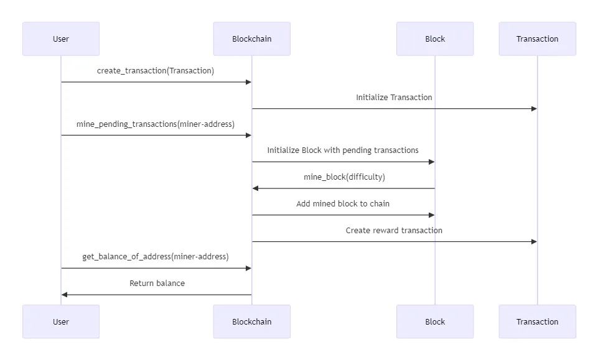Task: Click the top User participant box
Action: click(61, 39)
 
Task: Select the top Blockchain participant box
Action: click(251, 39)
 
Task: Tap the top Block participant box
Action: click(435, 39)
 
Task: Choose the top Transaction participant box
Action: click(537, 39)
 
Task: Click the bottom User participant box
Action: click(61, 321)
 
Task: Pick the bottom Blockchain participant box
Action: click(251, 321)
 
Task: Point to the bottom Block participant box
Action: click(435, 321)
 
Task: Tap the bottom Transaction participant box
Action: click(537, 321)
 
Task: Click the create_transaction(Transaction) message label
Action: click(156, 71)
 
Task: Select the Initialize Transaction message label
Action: click(394, 98)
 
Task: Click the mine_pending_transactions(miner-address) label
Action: click(156, 124)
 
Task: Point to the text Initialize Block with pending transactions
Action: click(343, 150)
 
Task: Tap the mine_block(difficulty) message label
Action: click(344, 177)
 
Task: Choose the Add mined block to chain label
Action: click(343, 204)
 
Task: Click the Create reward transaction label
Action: click(394, 231)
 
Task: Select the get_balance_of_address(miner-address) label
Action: click(156, 257)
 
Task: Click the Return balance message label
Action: click(157, 284)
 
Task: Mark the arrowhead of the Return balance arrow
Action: click(64, 295)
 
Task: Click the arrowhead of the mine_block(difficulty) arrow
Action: click(255, 188)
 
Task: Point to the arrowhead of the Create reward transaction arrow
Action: click(534, 241)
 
